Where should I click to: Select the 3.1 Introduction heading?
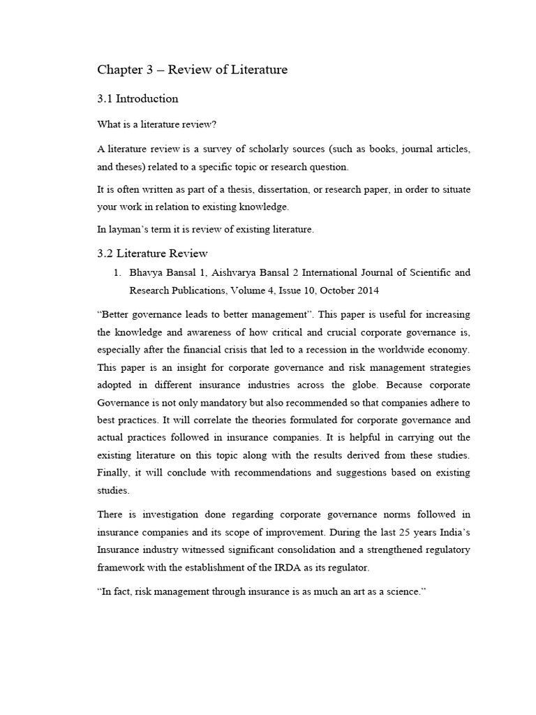click(137, 98)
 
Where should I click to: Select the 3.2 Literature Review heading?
click(152, 253)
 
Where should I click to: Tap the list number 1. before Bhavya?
click(117, 272)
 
